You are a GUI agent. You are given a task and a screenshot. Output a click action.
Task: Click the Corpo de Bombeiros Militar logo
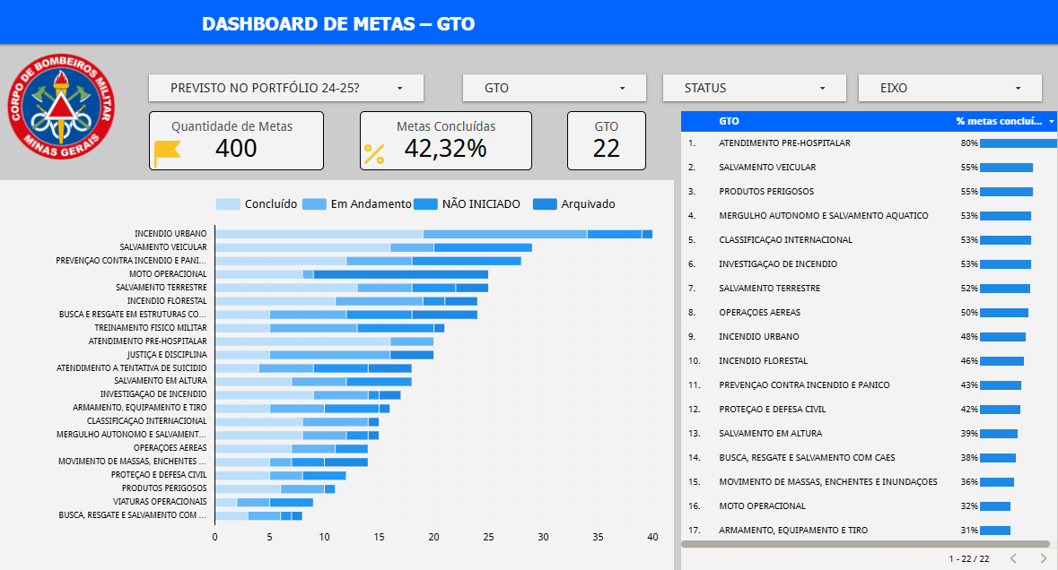point(60,110)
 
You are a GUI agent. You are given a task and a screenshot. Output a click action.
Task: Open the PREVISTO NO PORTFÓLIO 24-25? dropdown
point(285,88)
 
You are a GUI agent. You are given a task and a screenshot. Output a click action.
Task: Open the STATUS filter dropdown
point(754,88)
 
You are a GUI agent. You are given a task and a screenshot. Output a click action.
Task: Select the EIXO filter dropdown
point(949,88)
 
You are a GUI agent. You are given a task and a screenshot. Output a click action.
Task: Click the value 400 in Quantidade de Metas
point(236,148)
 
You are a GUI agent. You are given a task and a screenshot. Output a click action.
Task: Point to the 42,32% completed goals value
point(445,148)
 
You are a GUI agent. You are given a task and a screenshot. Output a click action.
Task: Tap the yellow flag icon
point(167,153)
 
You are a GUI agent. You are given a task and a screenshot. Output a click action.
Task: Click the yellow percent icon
point(373,154)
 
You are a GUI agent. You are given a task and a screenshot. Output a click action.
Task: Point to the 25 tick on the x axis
point(488,537)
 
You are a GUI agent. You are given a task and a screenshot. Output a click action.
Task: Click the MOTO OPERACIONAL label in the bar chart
point(168,273)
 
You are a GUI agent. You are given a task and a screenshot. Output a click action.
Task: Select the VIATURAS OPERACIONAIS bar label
point(160,501)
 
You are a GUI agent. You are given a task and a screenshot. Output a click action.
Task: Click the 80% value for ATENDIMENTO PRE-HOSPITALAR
point(968,143)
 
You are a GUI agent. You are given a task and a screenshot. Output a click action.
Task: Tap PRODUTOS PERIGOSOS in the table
point(765,192)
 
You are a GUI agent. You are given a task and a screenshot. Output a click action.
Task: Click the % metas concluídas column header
point(999,121)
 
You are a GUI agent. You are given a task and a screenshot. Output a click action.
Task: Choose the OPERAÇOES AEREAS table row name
point(759,313)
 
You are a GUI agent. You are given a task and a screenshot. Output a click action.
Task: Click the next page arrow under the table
point(1043,558)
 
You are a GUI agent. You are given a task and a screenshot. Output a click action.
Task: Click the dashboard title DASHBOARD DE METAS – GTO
point(338,23)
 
